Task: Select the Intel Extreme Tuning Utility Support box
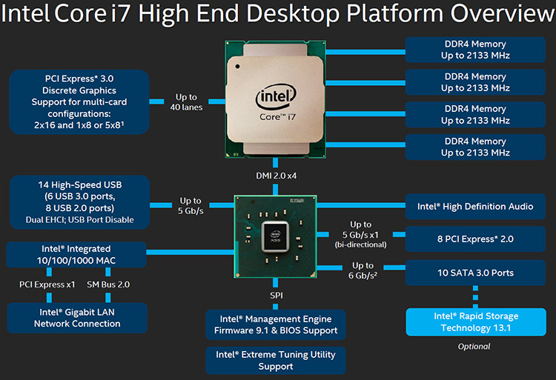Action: click(x=275, y=360)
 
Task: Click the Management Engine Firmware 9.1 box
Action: click(x=275, y=324)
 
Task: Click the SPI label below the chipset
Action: click(x=276, y=296)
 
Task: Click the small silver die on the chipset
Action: click(x=277, y=230)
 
